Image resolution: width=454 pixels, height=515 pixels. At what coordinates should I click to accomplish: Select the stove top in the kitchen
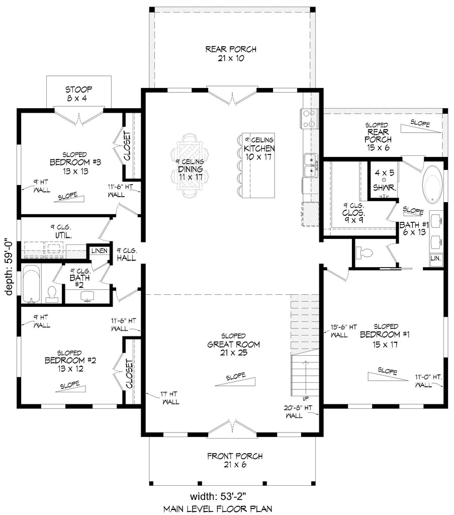click(309, 119)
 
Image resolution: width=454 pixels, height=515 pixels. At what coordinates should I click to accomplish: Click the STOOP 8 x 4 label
click(78, 94)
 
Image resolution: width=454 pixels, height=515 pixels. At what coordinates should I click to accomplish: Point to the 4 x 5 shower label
click(385, 178)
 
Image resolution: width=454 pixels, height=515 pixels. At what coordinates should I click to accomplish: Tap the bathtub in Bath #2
click(31, 284)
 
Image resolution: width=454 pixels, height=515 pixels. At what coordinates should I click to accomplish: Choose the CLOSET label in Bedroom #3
click(128, 146)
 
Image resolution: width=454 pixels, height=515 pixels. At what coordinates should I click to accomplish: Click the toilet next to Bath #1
click(364, 252)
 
